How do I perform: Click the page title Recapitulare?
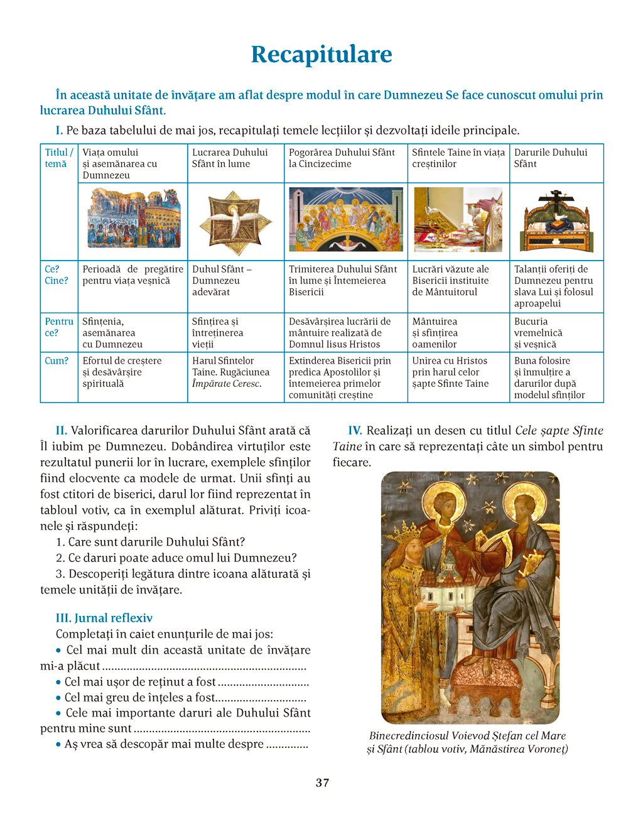[321, 55]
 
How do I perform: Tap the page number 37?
[322, 782]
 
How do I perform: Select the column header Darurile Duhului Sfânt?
[551, 158]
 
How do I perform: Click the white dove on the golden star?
[235, 220]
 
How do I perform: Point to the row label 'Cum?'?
[57, 361]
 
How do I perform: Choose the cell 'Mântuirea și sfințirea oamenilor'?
[435, 333]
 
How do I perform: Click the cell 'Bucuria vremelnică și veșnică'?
[538, 333]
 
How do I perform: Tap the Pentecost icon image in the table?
[345, 220]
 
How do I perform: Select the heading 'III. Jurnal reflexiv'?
[104, 618]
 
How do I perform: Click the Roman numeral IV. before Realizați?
[355, 431]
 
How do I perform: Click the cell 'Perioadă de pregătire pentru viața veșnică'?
[132, 275]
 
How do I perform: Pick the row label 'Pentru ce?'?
[58, 327]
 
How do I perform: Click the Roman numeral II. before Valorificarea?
[62, 431]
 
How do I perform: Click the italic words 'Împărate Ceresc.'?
[226, 384]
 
